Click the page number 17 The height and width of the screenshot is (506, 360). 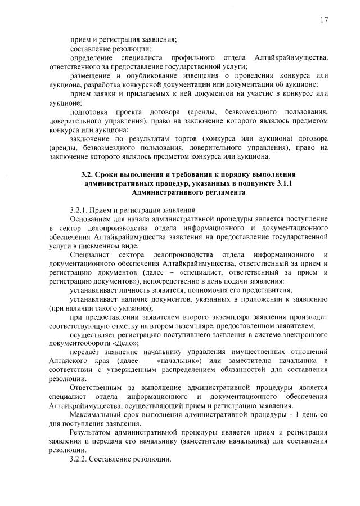click(x=324, y=20)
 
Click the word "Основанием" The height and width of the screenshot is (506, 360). click(x=91, y=218)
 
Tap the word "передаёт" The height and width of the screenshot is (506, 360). click(x=84, y=351)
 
